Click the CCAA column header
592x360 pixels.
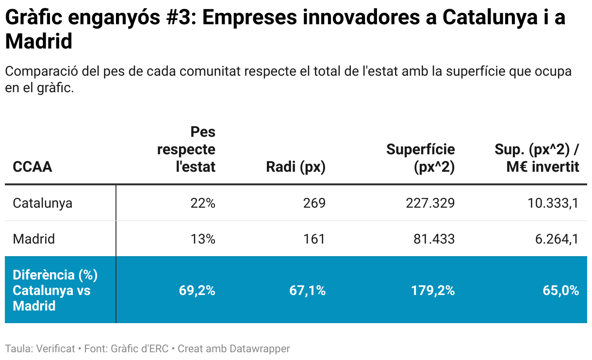coord(32,167)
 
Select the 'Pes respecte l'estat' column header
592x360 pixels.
coord(186,149)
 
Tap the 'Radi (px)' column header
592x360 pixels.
coord(296,167)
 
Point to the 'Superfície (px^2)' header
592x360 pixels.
coord(421,158)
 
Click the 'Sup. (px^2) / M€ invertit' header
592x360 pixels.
coord(537,158)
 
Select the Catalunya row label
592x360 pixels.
coord(42,203)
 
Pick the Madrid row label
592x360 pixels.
coord(33,239)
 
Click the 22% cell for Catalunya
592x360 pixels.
coord(202,203)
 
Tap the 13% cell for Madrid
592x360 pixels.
coord(202,239)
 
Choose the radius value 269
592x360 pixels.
coord(314,203)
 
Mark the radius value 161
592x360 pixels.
coord(314,239)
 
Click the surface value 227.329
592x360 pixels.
coord(430,203)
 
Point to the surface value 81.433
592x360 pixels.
coord(434,239)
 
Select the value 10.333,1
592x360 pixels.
coord(553,203)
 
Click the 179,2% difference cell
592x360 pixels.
coord(433,291)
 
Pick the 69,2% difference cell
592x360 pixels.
coord(197,291)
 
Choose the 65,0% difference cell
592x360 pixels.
coord(561,291)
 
